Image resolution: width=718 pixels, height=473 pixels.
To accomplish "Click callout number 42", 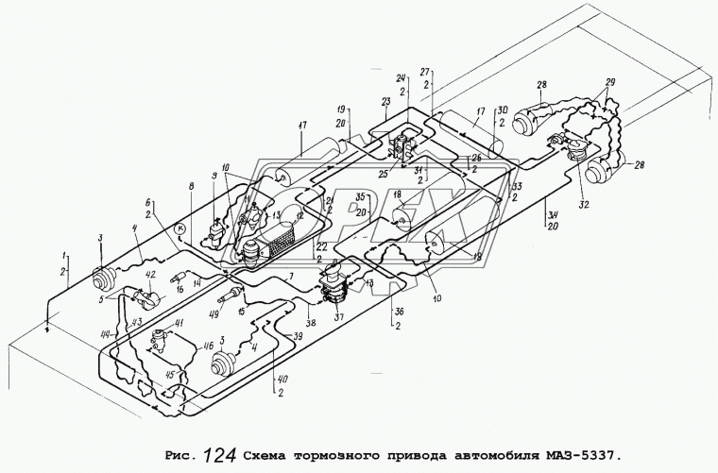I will (149, 275).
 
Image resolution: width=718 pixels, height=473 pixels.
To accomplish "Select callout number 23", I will (386, 101).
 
